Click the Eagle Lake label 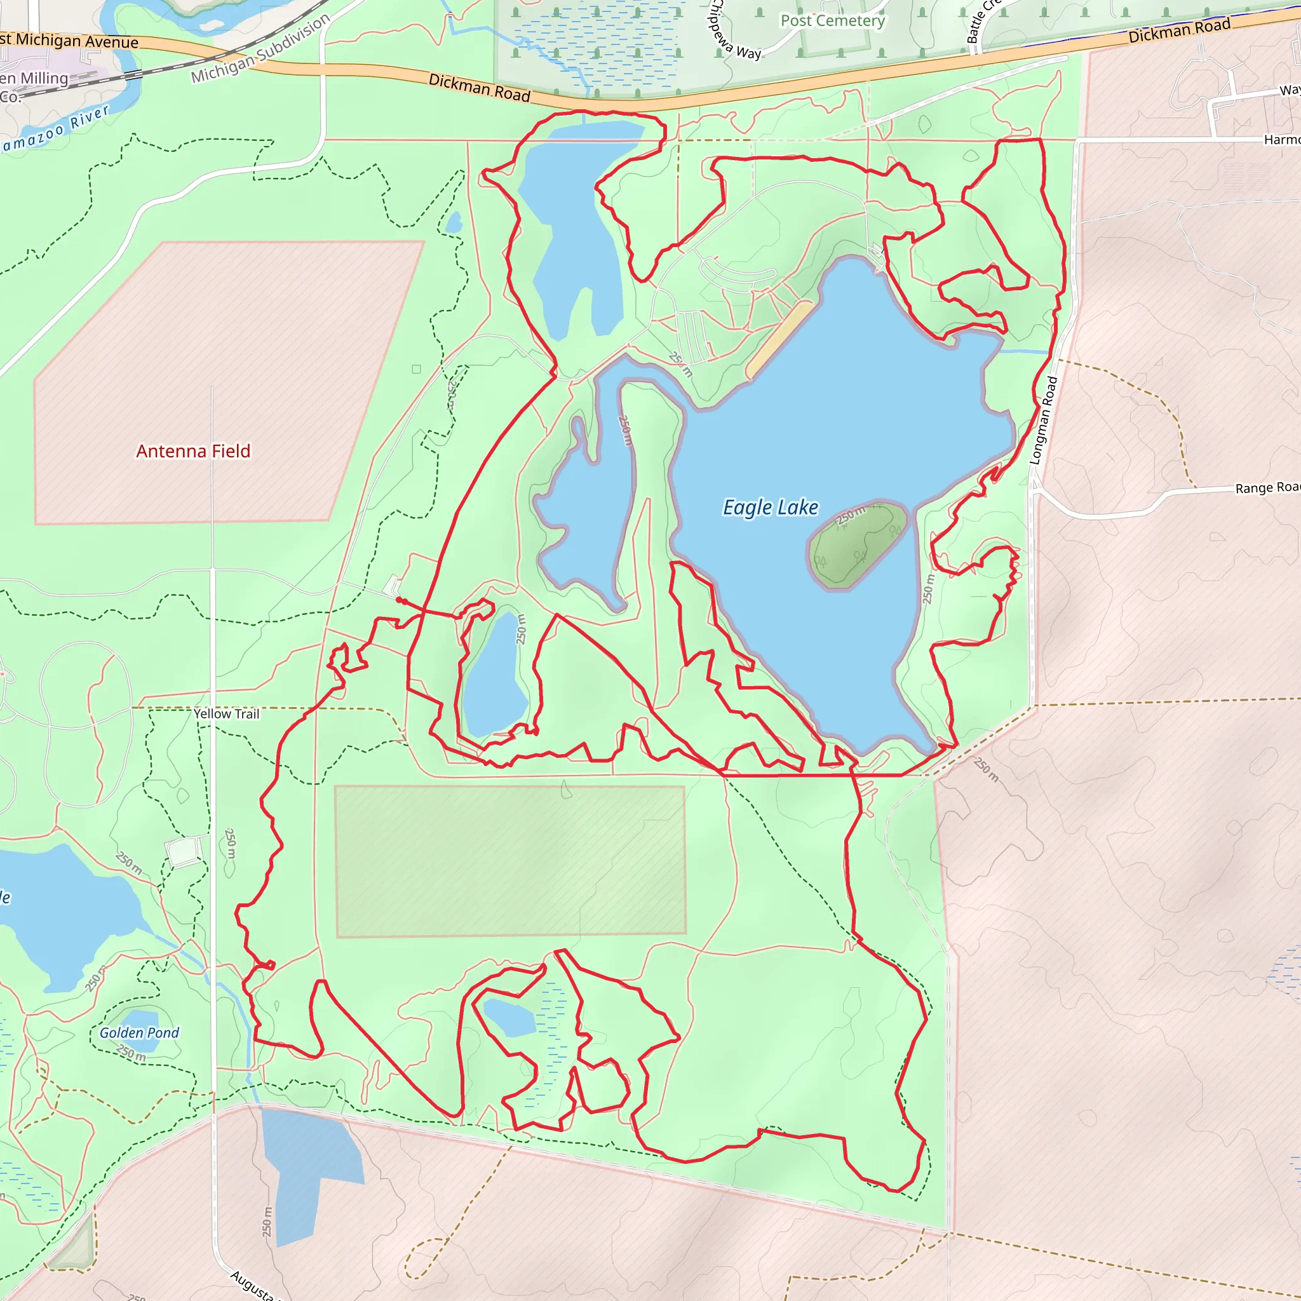tap(771, 507)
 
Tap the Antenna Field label tap(193, 451)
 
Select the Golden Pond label tap(139, 1033)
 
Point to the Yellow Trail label tap(226, 714)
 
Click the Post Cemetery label tap(832, 21)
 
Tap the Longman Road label tap(1043, 421)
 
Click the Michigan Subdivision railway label tap(260, 48)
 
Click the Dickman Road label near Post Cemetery tap(480, 88)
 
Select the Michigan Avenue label tap(71, 41)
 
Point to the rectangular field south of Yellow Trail tap(509, 861)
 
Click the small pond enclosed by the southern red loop tap(509, 1018)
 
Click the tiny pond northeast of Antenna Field tap(454, 222)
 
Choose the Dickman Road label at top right tap(1179, 30)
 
